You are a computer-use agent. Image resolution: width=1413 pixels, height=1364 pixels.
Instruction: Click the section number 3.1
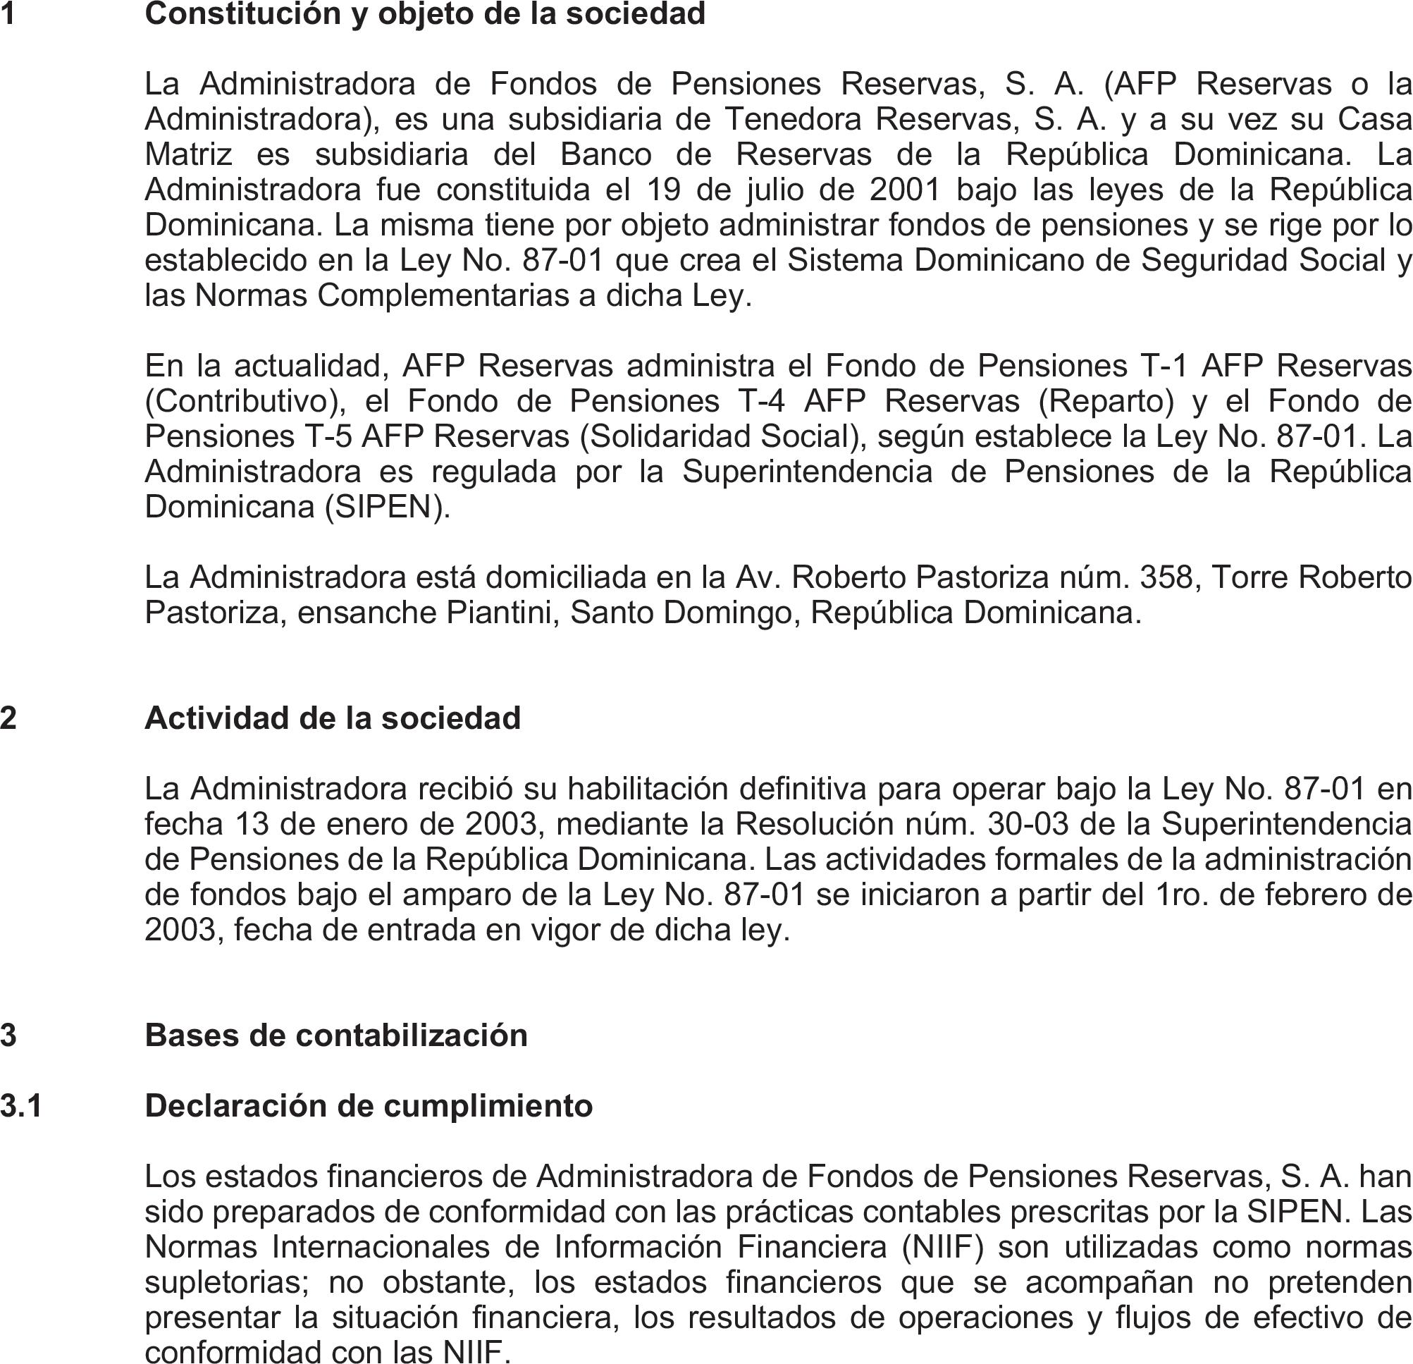coord(22,1106)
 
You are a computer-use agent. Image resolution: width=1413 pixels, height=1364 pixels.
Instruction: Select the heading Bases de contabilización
coord(336,1036)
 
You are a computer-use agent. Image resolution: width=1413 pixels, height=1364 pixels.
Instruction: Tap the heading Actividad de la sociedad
coord(333,718)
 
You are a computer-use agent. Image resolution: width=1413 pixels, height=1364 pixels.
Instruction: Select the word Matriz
coord(188,154)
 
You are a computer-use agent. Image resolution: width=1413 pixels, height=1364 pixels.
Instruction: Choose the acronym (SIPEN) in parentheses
coord(386,507)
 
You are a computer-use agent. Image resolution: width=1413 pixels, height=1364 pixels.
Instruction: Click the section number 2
coord(8,718)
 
